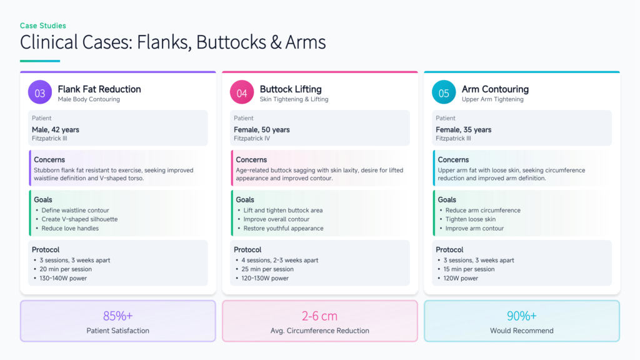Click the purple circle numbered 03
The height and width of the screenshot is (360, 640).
[x=39, y=93]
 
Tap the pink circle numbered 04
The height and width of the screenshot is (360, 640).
[x=242, y=93]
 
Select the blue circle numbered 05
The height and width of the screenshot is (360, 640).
[x=444, y=93]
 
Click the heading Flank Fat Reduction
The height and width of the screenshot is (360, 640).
[x=99, y=89]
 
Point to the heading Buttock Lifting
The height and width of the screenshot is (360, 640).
[x=291, y=89]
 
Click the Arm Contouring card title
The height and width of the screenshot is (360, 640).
[x=495, y=89]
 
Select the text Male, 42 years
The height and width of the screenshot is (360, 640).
[x=56, y=129]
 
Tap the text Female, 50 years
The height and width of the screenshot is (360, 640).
[x=262, y=129]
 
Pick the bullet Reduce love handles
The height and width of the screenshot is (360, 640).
[x=70, y=228]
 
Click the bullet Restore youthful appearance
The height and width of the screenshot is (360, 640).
[x=283, y=228]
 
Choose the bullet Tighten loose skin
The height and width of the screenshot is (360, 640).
[x=470, y=219]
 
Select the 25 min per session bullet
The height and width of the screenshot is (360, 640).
[x=268, y=269]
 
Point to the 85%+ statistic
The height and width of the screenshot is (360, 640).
[x=117, y=316]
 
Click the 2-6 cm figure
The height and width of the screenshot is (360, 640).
[x=319, y=316]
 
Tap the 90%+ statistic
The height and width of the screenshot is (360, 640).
[x=521, y=316]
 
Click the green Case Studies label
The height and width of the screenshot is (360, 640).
[x=43, y=26]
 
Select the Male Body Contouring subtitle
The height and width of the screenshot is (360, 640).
[x=89, y=99]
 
